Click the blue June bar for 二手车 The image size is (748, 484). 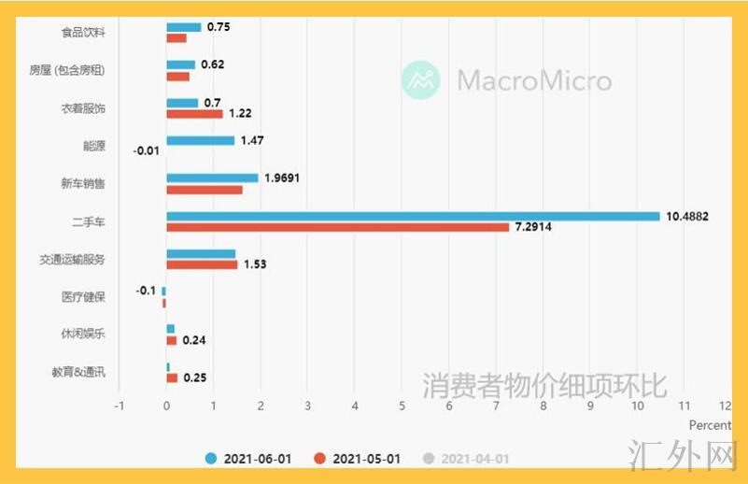click(x=413, y=216)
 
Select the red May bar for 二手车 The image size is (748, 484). click(x=338, y=227)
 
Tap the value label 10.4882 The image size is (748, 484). click(x=687, y=216)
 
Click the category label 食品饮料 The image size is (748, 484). click(x=83, y=33)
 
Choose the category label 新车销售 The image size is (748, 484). click(x=83, y=184)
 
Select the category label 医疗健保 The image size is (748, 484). click(x=83, y=297)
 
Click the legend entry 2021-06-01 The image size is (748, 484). click(x=249, y=459)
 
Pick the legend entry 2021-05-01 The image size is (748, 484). click(x=358, y=459)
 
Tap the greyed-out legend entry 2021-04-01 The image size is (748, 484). click(x=466, y=459)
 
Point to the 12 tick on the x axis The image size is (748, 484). click(x=726, y=406)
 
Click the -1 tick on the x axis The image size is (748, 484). click(x=119, y=406)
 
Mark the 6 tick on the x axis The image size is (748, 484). click(x=449, y=406)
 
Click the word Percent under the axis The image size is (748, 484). click(x=710, y=425)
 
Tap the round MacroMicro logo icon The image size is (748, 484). click(x=420, y=80)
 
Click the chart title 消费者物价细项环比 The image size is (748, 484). click(x=544, y=384)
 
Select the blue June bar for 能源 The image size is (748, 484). click(x=201, y=140)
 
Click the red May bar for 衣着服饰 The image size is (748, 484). click(x=195, y=114)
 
